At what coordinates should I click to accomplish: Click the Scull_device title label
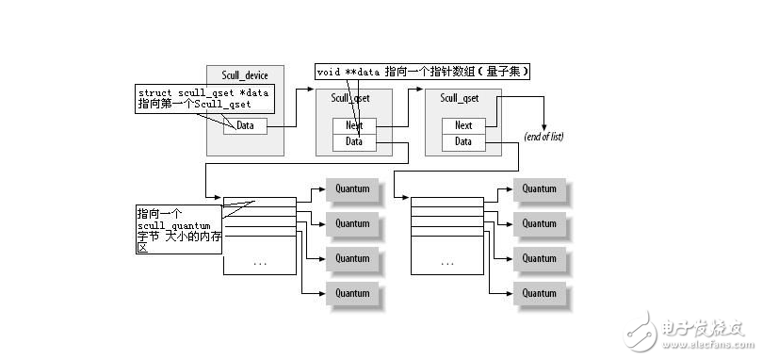pos(245,75)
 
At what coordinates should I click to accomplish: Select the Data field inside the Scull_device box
pos(245,125)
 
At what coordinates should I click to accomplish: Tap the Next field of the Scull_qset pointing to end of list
pos(463,125)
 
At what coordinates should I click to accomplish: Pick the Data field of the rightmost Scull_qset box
pos(463,141)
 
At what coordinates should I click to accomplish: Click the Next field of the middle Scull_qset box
pos(354,125)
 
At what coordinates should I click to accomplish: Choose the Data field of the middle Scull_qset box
pos(354,141)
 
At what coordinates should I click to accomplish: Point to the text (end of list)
pos(543,138)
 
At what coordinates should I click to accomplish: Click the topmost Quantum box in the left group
pos(352,189)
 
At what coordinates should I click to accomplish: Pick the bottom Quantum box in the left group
pos(352,292)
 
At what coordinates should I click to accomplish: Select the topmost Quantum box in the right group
pos(539,189)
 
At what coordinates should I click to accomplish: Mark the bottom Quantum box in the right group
pos(539,292)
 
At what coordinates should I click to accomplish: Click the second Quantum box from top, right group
pos(539,223)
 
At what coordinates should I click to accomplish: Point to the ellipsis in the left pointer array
pos(260,263)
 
